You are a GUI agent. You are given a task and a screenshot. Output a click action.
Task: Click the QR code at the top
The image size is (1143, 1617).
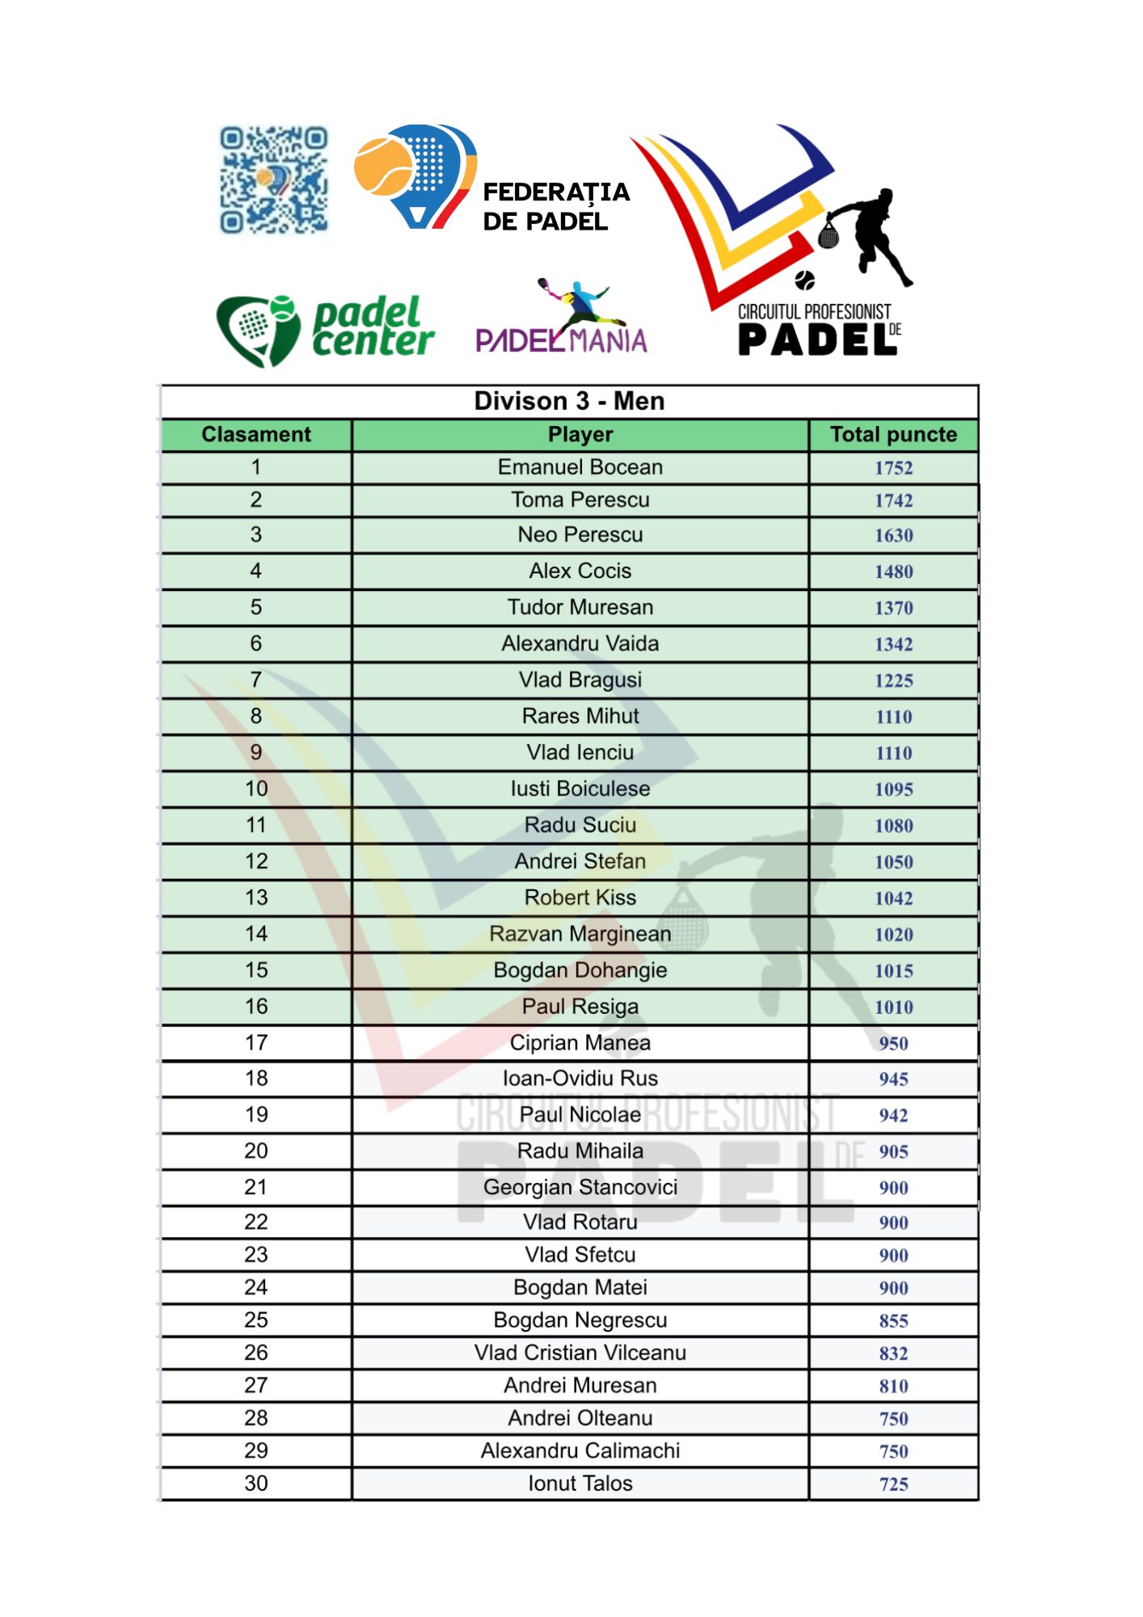coord(274,179)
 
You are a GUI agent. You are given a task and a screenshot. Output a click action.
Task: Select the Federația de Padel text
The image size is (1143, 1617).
coord(555,206)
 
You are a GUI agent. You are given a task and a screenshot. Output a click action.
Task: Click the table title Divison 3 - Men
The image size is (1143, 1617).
coord(569,401)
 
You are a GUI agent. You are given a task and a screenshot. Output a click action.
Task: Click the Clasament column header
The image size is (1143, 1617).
coord(255,435)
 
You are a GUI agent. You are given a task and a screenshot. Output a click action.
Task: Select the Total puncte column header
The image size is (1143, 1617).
coord(893,435)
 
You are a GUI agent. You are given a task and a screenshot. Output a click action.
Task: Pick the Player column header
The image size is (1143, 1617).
coord(580,435)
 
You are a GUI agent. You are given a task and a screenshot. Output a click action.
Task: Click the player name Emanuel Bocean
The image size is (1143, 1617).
coord(580,467)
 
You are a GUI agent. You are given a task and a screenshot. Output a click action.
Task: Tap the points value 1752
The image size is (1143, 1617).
coord(893,468)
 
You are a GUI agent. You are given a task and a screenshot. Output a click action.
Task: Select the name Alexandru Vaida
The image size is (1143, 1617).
coord(580,644)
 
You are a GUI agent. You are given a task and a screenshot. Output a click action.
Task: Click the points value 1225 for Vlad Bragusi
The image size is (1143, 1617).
coord(893,681)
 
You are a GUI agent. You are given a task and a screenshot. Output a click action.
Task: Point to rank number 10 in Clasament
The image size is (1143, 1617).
coord(255,789)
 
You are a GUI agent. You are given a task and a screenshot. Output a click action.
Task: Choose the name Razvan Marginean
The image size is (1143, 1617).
coord(580,934)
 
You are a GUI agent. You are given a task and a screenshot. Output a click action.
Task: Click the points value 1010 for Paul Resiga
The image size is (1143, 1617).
coord(893,1007)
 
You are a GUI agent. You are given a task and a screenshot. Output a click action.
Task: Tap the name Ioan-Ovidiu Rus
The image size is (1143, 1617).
coord(580,1079)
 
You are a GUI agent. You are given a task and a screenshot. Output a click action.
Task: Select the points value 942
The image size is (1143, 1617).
coord(893,1116)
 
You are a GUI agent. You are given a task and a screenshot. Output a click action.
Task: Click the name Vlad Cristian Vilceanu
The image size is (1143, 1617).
coord(580,1353)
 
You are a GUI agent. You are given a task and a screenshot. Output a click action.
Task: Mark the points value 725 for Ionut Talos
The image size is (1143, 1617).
coord(893,1484)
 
